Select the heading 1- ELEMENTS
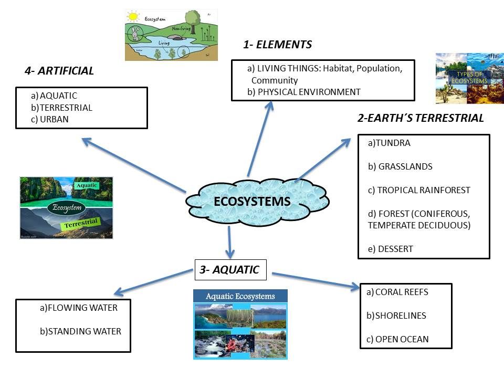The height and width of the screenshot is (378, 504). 277,45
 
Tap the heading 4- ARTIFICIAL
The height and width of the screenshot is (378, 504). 59,71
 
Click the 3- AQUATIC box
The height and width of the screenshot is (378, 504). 230,270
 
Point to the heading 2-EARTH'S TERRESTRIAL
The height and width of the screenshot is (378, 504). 421,119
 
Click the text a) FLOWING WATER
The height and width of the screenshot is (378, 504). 78,308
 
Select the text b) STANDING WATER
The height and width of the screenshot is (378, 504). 80,331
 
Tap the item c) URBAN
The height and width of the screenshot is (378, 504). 50,119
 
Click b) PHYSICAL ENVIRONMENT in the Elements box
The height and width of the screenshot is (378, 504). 303,92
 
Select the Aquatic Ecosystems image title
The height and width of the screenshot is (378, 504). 240,296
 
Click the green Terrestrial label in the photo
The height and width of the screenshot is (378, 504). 82,225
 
